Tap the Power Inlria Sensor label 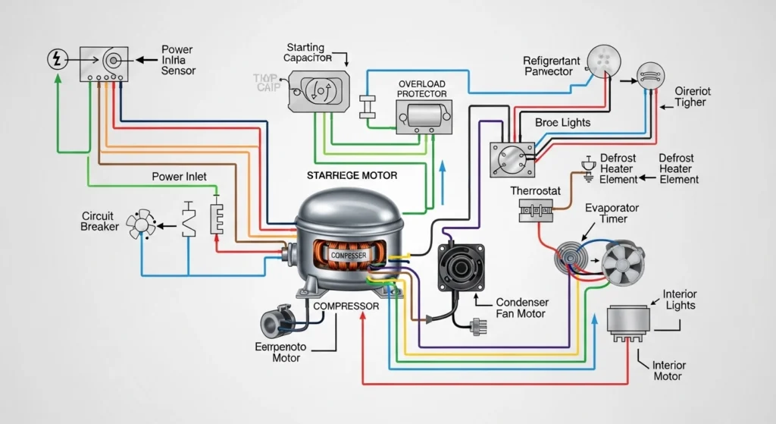coord(178,60)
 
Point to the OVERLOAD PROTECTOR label coord(423,88)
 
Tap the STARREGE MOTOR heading coord(352,175)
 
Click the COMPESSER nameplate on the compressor coord(348,256)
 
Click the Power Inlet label coord(179,177)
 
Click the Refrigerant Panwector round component coord(604,60)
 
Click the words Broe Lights coord(562,122)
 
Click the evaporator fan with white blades coord(624,260)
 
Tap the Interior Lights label coord(680,300)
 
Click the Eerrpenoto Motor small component coord(274,324)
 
